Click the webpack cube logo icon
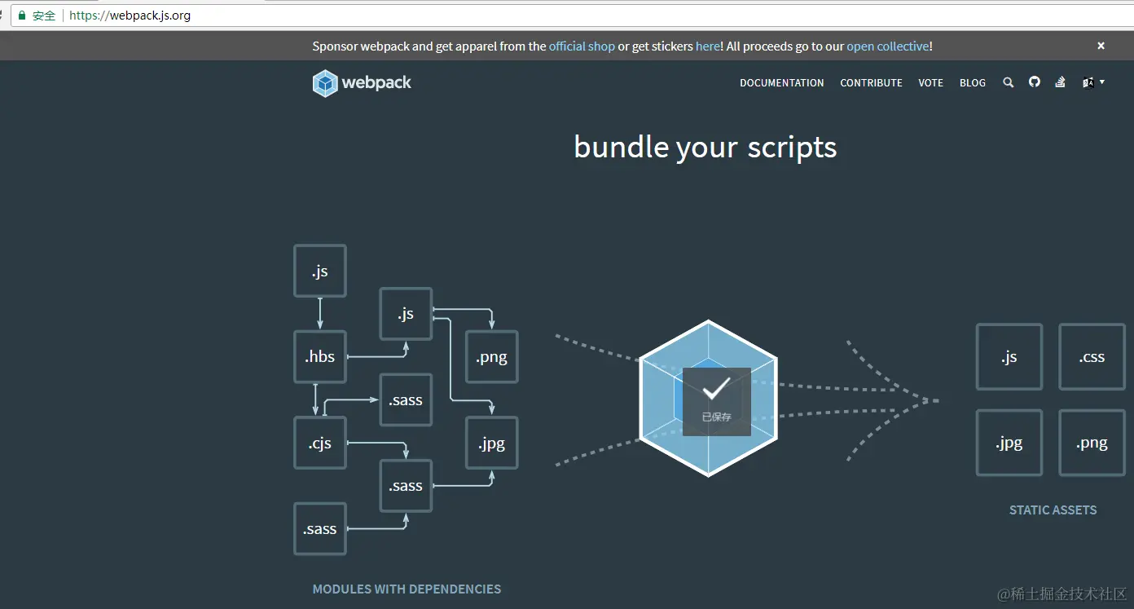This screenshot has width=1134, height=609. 325,83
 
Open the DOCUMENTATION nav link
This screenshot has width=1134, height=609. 781,83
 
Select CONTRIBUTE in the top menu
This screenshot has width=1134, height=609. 871,83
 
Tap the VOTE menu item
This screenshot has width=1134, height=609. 930,83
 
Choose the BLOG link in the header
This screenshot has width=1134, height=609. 972,83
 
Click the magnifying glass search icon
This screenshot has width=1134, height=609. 1008,82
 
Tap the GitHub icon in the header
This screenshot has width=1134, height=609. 1035,82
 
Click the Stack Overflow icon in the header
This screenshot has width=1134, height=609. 1060,82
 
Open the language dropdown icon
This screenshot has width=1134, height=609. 1092,82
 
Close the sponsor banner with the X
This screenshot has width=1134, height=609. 1101,46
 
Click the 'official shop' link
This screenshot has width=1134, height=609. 582,46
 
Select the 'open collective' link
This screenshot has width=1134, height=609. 887,46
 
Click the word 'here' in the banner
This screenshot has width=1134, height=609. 707,46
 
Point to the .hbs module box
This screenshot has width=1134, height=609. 320,357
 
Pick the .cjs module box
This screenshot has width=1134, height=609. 320,443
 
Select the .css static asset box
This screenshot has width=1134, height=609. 1092,357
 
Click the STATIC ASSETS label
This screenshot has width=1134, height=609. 1053,510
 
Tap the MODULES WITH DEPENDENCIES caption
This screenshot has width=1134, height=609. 407,589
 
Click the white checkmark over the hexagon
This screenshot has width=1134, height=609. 715,390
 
